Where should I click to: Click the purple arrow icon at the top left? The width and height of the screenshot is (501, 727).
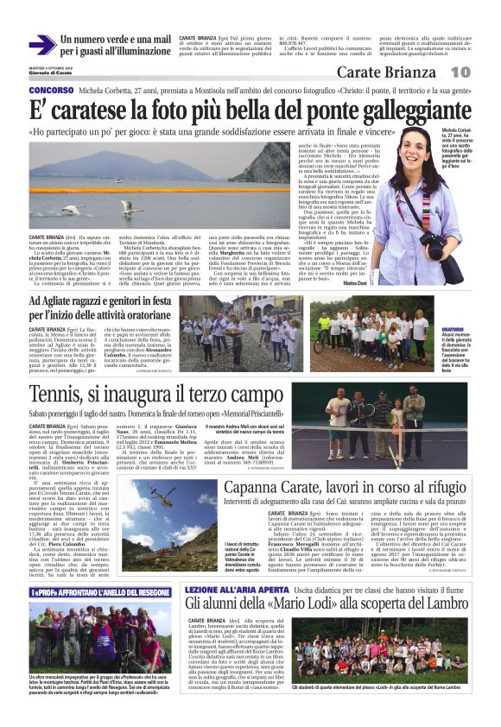(41, 46)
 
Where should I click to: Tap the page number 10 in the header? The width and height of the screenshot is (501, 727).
(460, 72)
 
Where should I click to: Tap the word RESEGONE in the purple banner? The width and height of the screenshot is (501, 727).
(146, 593)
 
